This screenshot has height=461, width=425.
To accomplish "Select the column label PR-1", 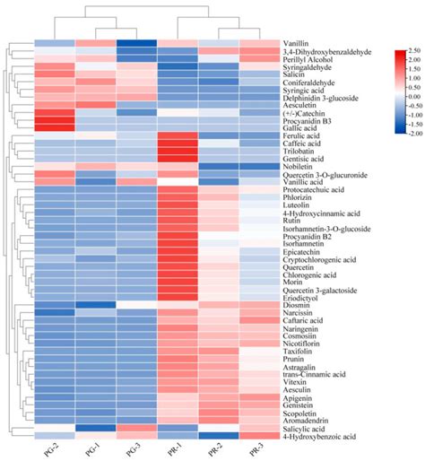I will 178,449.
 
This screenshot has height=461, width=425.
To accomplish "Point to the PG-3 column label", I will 137,449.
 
